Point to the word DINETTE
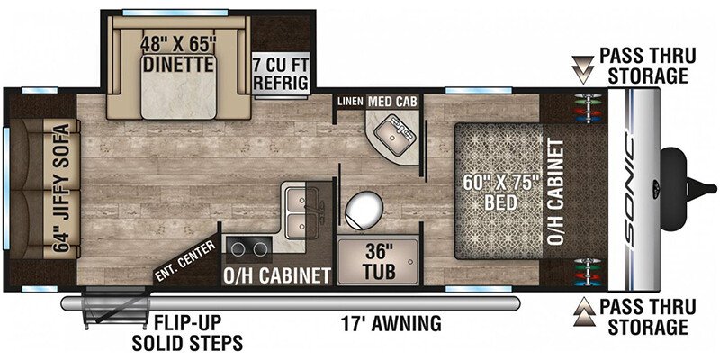[178, 65]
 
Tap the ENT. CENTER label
[185, 259]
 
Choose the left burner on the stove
[238, 249]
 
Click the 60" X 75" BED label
[499, 192]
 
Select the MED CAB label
[393, 102]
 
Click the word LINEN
[350, 102]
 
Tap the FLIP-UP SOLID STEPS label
[187, 332]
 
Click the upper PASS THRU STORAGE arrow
[582, 70]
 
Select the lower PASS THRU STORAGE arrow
[581, 311]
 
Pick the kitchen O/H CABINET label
[277, 275]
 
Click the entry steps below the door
[115, 308]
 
